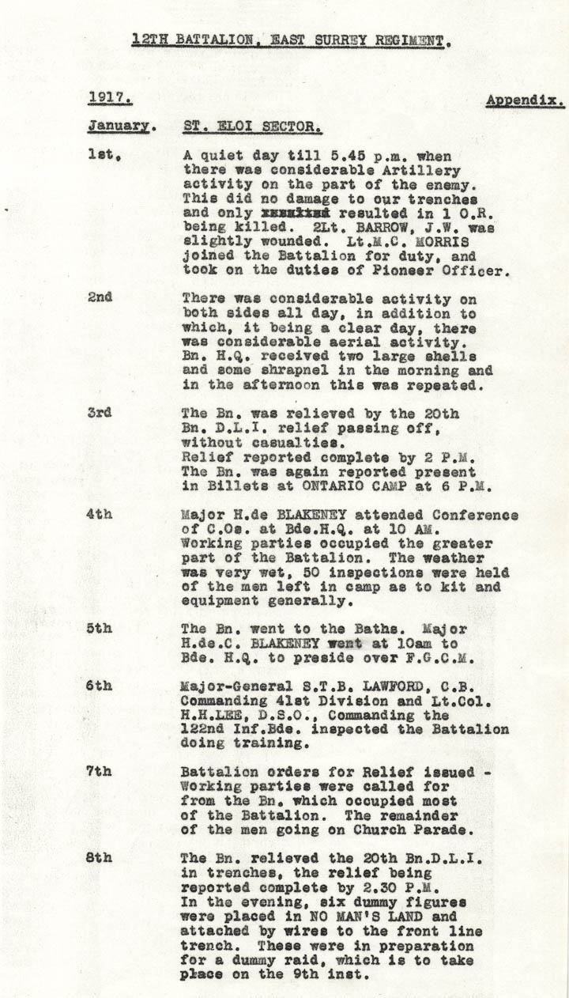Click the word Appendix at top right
525,100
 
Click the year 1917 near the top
109,99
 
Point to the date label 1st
104,156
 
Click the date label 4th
100,515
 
